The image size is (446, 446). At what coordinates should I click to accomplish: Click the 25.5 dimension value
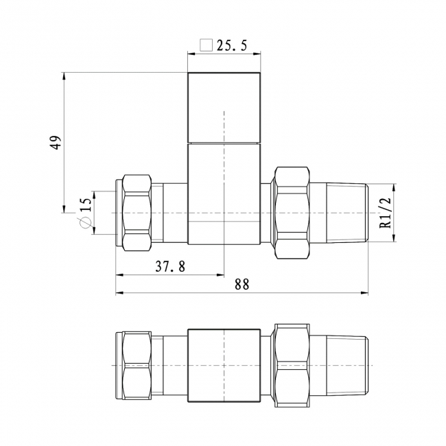232,45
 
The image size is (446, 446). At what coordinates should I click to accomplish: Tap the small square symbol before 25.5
207,45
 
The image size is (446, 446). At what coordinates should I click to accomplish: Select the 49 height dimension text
56,143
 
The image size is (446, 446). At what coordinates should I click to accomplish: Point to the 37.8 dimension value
170,266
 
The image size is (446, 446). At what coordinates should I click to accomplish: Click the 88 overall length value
242,284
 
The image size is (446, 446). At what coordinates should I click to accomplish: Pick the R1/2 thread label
386,213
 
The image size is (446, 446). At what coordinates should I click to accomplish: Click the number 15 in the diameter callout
86,204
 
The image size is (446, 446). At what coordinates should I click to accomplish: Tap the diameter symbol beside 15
85,222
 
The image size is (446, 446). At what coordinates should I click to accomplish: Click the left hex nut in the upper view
137,213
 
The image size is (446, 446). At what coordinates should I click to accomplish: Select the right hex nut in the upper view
292,213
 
